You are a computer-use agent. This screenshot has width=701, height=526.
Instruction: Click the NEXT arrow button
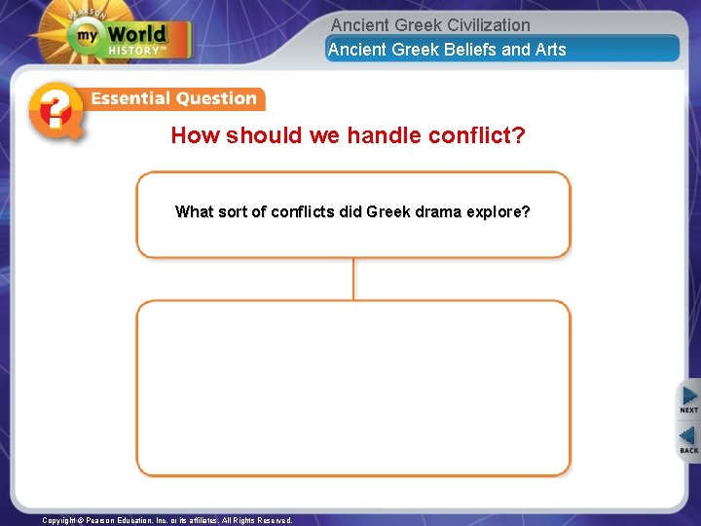[689, 397]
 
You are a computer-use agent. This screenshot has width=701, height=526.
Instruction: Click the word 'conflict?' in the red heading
[476, 135]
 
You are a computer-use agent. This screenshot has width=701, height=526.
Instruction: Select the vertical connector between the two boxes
[353, 279]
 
